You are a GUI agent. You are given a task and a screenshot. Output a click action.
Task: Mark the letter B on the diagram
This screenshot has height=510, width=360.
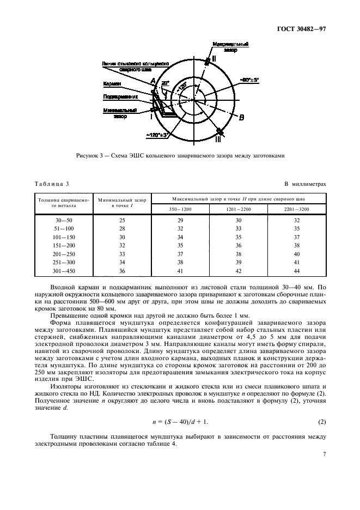242,117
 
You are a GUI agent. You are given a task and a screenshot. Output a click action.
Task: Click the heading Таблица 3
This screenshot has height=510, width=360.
52,184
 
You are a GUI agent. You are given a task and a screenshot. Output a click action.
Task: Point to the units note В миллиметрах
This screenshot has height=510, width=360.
305,184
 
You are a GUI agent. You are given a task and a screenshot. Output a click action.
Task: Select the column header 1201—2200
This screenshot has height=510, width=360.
237,209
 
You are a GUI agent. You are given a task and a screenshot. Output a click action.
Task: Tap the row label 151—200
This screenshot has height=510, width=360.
62,245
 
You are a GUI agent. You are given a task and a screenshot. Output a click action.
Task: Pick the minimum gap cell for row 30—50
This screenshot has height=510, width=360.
121,220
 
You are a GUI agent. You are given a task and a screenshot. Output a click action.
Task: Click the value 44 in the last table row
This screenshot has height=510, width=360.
296,271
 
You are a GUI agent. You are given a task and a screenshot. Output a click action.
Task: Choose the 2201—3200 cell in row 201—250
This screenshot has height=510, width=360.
296,254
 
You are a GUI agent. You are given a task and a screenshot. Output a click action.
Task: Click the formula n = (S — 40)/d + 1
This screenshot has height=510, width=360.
180,422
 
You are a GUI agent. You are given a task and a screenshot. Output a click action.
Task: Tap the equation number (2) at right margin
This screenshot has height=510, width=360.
322,422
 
